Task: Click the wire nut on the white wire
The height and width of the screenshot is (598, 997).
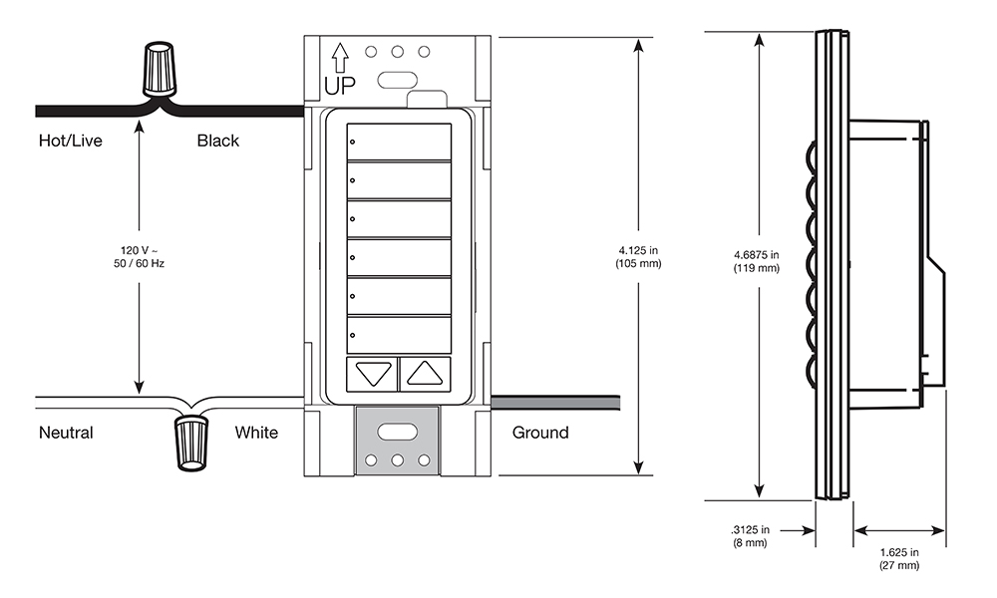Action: pyautogui.click(x=191, y=442)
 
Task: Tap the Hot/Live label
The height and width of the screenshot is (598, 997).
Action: pyautogui.click(x=70, y=141)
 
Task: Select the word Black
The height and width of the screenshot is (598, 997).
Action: pyautogui.click(x=217, y=141)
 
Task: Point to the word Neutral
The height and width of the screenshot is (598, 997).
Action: pyautogui.click(x=66, y=433)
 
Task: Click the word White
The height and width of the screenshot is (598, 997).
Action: pyautogui.click(x=256, y=433)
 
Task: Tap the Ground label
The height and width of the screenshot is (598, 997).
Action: pyautogui.click(x=540, y=433)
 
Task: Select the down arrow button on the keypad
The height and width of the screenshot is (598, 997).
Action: pyautogui.click(x=373, y=374)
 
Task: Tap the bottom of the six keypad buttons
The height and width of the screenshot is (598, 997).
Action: pyautogui.click(x=398, y=333)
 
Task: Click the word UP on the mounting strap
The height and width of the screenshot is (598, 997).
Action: pyautogui.click(x=339, y=86)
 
